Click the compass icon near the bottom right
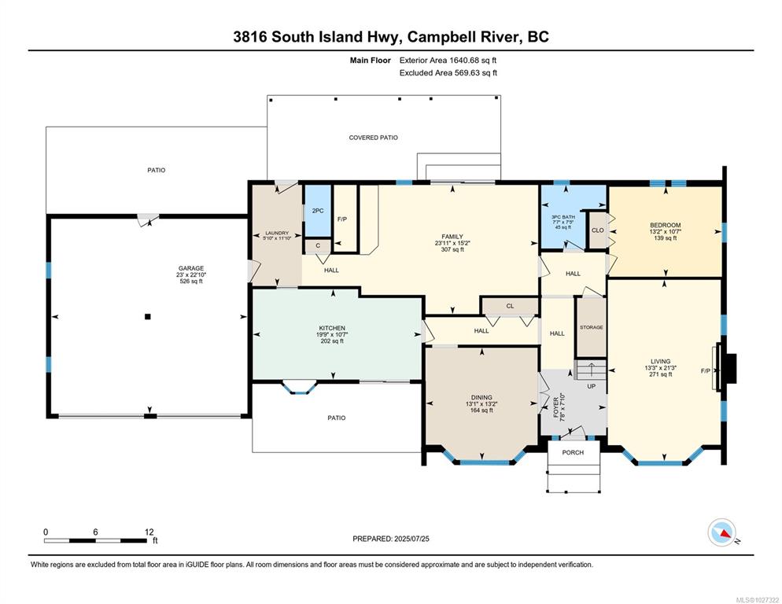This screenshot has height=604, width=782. (721, 532)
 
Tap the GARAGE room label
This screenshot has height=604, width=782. (191, 268)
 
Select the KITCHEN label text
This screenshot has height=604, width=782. (332, 328)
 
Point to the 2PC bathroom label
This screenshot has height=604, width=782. (318, 211)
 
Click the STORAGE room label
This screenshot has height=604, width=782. (592, 328)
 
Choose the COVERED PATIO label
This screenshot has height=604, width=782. (373, 138)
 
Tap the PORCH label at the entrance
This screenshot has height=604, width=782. (573, 452)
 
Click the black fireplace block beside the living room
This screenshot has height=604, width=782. (730, 368)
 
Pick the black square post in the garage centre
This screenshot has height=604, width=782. (148, 316)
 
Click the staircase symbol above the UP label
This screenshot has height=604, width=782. (591, 370)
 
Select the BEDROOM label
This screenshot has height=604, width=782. (666, 226)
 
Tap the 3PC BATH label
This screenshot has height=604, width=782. (563, 217)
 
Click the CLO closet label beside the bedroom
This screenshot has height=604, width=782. (597, 230)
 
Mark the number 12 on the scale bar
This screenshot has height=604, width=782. (149, 532)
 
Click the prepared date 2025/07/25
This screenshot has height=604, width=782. (411, 539)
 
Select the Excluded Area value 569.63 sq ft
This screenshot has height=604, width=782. (475, 73)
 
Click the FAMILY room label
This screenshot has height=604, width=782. (452, 237)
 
